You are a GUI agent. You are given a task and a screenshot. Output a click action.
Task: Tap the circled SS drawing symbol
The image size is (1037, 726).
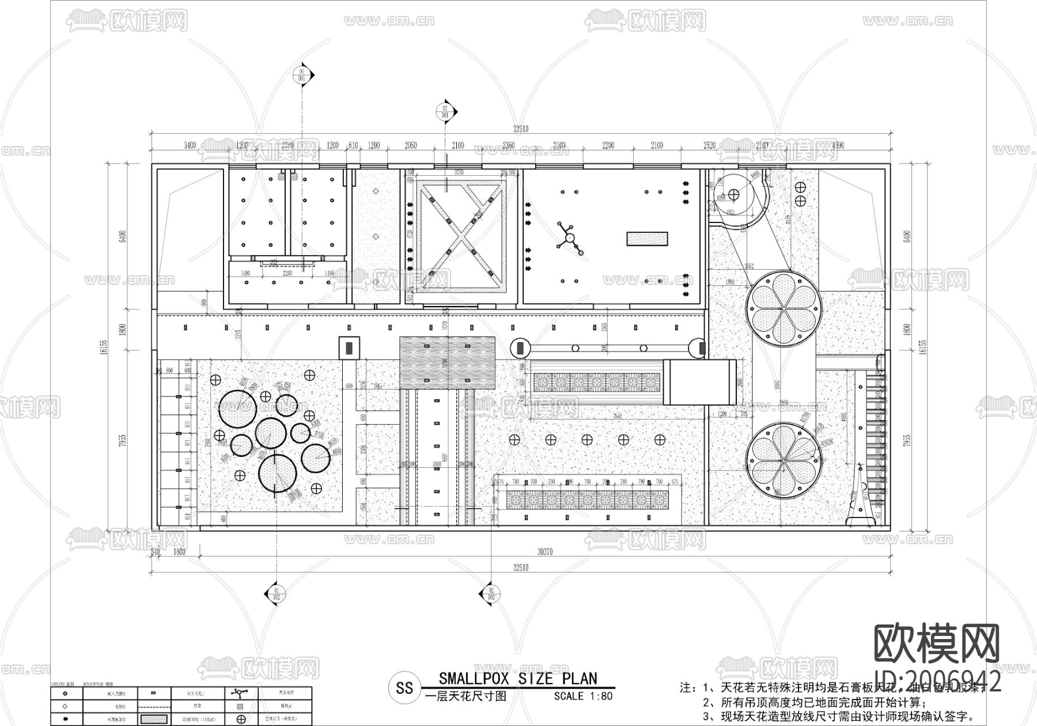click(404, 688)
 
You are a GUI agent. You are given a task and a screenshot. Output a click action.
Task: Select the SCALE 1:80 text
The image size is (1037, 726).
click(583, 696)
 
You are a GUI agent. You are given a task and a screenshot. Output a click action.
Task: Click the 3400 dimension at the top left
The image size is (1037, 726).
click(190, 145)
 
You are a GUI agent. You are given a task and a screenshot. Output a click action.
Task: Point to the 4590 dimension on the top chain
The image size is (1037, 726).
click(838, 145)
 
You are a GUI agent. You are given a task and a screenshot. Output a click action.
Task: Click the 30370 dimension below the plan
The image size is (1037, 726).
click(545, 551)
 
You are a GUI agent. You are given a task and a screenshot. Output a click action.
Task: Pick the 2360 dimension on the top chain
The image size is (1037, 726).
click(508, 145)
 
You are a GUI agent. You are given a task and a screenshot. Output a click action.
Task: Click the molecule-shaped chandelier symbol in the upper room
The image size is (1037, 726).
click(569, 237)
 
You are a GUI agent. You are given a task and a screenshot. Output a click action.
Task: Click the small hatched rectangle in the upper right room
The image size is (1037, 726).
click(647, 239)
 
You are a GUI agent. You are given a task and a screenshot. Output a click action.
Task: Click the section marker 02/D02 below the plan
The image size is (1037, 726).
click(491, 593)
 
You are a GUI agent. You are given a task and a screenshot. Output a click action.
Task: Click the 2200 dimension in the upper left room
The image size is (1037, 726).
click(287, 273)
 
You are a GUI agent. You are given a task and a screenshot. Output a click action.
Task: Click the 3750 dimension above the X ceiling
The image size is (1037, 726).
click(459, 172)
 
